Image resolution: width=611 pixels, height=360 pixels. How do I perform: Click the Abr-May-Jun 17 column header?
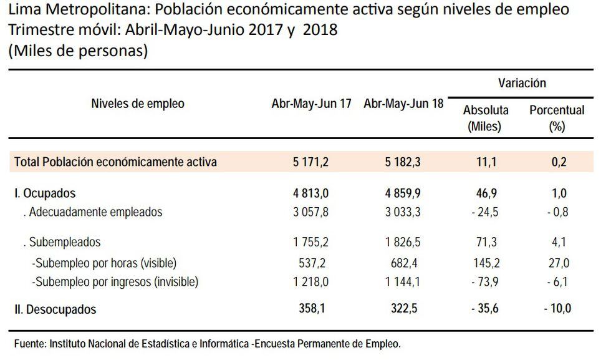[x=312, y=104]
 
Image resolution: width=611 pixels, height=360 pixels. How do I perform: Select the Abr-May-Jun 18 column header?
[x=403, y=104]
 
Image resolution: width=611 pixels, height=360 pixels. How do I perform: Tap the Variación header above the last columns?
[x=522, y=83]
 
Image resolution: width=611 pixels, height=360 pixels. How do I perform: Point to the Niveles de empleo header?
[x=138, y=104]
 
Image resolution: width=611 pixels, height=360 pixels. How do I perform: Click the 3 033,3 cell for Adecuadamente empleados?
[x=403, y=212]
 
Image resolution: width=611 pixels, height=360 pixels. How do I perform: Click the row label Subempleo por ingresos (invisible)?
[x=115, y=282]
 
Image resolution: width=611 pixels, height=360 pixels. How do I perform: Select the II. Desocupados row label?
[x=55, y=309]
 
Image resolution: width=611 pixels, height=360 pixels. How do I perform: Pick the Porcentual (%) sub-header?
[x=557, y=117]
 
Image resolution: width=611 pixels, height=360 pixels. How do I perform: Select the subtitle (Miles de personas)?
[x=77, y=51]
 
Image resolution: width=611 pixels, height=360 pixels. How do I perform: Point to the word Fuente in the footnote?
[x=29, y=344]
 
